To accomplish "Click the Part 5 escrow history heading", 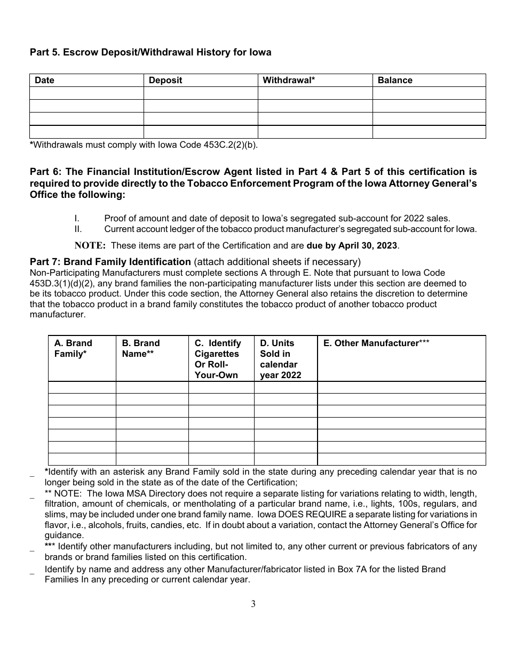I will tap(150, 52).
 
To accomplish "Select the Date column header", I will tap(45, 81).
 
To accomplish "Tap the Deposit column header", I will tap(165, 81).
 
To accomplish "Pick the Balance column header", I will tap(395, 81).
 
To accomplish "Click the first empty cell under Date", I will tap(86, 93).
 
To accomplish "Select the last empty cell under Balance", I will tap(429, 132).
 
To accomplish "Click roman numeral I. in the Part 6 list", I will tap(76, 218).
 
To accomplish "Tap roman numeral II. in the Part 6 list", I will tap(77, 229).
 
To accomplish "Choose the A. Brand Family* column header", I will tap(73, 348).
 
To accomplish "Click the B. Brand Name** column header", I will tap(141, 348).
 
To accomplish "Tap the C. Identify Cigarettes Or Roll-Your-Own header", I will tap(218, 359).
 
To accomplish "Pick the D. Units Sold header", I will tap(280, 359).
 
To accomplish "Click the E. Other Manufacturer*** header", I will tap(376, 343).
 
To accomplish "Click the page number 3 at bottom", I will tap(253, 604).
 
